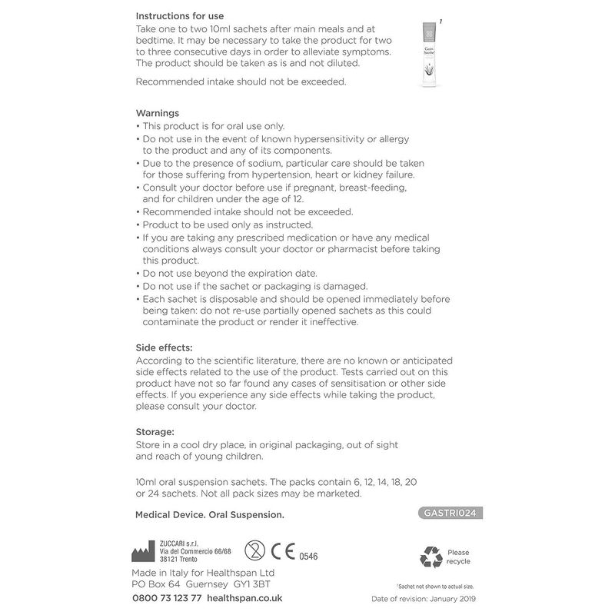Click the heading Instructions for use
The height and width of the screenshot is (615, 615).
[185, 15]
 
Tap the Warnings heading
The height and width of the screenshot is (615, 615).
[158, 112]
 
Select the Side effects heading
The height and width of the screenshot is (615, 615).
[164, 347]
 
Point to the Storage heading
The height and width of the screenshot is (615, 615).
[155, 431]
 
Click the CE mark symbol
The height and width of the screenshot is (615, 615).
[287, 553]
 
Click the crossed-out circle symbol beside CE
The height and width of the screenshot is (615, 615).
[254, 552]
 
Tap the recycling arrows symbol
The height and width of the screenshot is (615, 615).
[430, 557]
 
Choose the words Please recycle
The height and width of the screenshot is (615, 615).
[458, 557]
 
